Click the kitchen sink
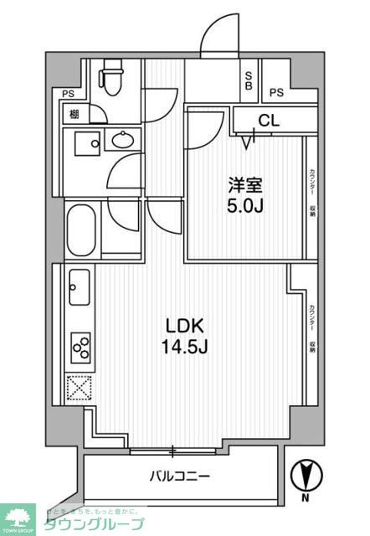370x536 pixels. pos(77,288)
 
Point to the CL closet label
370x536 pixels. pos(268,121)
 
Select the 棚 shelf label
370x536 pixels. pos(74,113)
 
